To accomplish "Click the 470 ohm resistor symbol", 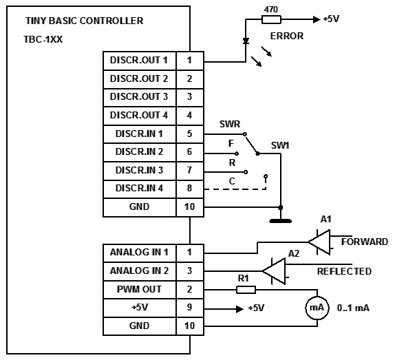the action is pos(271,19).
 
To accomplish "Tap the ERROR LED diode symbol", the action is pos(246,41).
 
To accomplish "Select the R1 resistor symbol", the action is pos(246,290).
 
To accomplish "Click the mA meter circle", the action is pos(317,308).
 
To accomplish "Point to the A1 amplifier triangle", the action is pos(319,242).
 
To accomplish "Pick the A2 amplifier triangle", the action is pos(274,271).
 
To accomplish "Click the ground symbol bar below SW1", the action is pos(280,221).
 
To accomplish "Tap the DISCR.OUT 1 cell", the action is pos(139,61).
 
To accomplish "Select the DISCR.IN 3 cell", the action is pos(139,171).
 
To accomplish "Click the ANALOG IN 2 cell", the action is pos(139,271).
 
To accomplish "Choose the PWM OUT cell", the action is pos(139,290).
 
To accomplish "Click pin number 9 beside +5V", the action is pos(190,308).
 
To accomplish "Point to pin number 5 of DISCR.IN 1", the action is pos(190,134).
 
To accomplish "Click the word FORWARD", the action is pos(365,242).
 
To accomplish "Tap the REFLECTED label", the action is pos(344,271).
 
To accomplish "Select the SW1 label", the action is pos(280,146).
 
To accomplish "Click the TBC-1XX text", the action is pos(43,39).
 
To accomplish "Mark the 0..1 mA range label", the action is pos(353,308).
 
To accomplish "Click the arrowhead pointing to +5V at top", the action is pos(317,19).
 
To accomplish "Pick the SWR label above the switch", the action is pos(230,124).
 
